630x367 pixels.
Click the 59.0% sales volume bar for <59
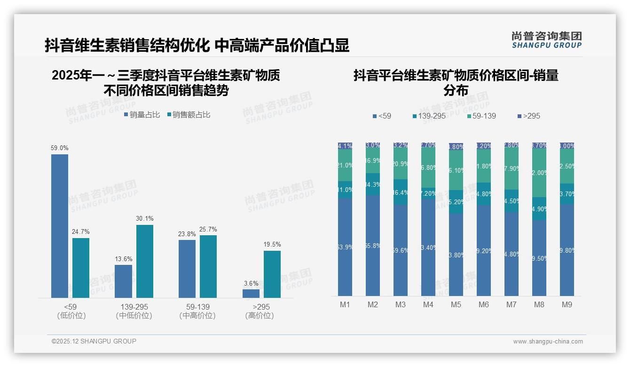[60, 226]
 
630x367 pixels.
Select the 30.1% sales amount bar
[145, 261]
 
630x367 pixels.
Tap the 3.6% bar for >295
[251, 294]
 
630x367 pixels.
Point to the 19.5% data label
[272, 245]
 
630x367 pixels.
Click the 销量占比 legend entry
[142, 114]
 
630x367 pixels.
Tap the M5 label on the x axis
[456, 304]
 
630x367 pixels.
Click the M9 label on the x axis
[567, 304]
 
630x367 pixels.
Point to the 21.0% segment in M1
[345, 165]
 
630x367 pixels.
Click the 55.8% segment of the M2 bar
[373, 246]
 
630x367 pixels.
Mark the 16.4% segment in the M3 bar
[401, 192]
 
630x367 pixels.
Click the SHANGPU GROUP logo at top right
[546, 40]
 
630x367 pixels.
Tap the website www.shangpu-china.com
[548, 342]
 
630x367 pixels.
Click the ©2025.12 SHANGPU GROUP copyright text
[94, 341]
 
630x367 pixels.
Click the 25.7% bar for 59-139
[208, 266]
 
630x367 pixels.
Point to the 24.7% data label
[81, 232]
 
